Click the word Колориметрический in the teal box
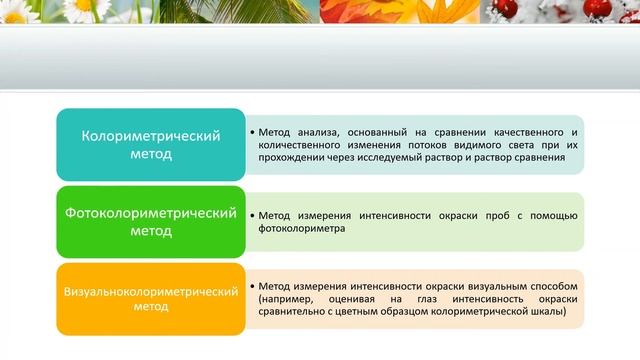pyautogui.click(x=151, y=136)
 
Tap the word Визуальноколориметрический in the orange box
pyautogui.click(x=151, y=291)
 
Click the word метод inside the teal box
pyautogui.click(x=151, y=155)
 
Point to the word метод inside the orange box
pyautogui.click(x=151, y=308)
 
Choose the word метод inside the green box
pyautogui.click(x=151, y=232)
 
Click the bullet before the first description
pyautogui.click(x=251, y=132)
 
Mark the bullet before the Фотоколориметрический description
pyautogui.click(x=251, y=215)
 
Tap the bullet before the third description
pyautogui.click(x=251, y=286)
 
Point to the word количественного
pyautogui.click(x=301, y=145)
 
